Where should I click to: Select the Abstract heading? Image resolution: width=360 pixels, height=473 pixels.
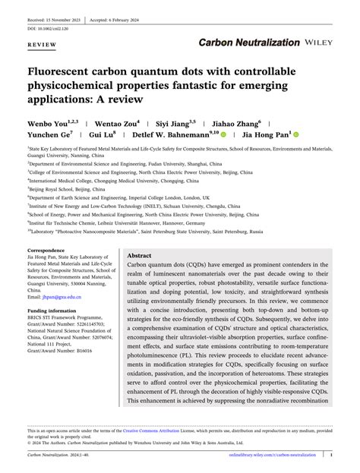(x=140, y=257)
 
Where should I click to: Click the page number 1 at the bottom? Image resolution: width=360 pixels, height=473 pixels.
(x=332, y=455)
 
